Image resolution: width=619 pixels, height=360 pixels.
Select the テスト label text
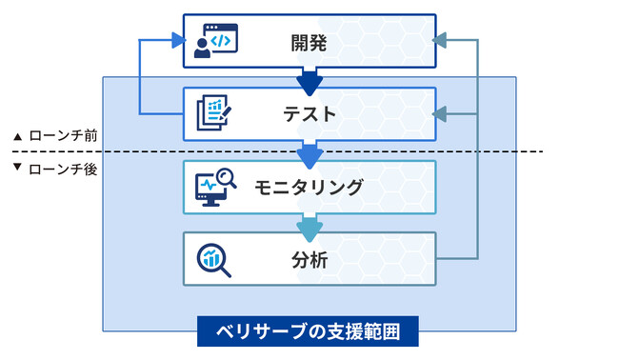point(309,114)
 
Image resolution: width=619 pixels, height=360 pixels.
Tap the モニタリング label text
point(309,187)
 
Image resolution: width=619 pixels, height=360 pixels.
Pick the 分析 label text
point(309,258)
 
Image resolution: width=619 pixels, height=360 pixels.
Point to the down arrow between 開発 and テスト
point(309,81)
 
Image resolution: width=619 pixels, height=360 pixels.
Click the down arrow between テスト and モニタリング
point(309,152)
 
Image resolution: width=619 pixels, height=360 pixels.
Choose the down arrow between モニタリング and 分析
point(309,225)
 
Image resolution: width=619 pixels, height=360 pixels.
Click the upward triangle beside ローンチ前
point(17,137)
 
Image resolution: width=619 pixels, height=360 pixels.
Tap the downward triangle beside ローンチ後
point(17,170)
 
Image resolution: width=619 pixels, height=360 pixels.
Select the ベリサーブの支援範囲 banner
point(309,332)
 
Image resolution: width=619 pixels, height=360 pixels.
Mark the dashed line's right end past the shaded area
point(540,151)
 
